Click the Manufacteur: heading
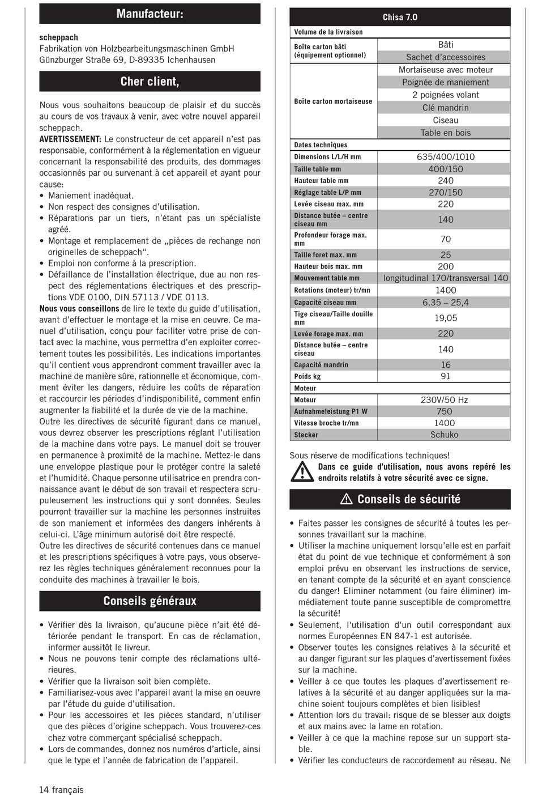pos(150,14)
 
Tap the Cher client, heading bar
pos(150,82)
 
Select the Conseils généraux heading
pos(150,601)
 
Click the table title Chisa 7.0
pos(400,17)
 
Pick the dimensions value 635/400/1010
pos(445,157)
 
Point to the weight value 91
pos(445,376)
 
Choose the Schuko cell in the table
pos(444,435)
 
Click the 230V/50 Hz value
pos(444,400)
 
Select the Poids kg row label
pos(308,376)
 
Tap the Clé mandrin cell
pos(445,108)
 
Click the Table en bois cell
pos(445,133)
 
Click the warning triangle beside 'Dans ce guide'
pos(302,472)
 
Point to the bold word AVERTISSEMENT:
pos(70,139)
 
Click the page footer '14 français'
pos(61,789)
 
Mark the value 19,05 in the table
pos(445,318)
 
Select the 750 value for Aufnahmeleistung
pos(444,411)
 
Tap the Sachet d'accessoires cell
pos(445,57)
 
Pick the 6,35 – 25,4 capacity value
pos(445,303)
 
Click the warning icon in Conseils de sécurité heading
pos(347,500)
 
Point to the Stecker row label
pos(306,435)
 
